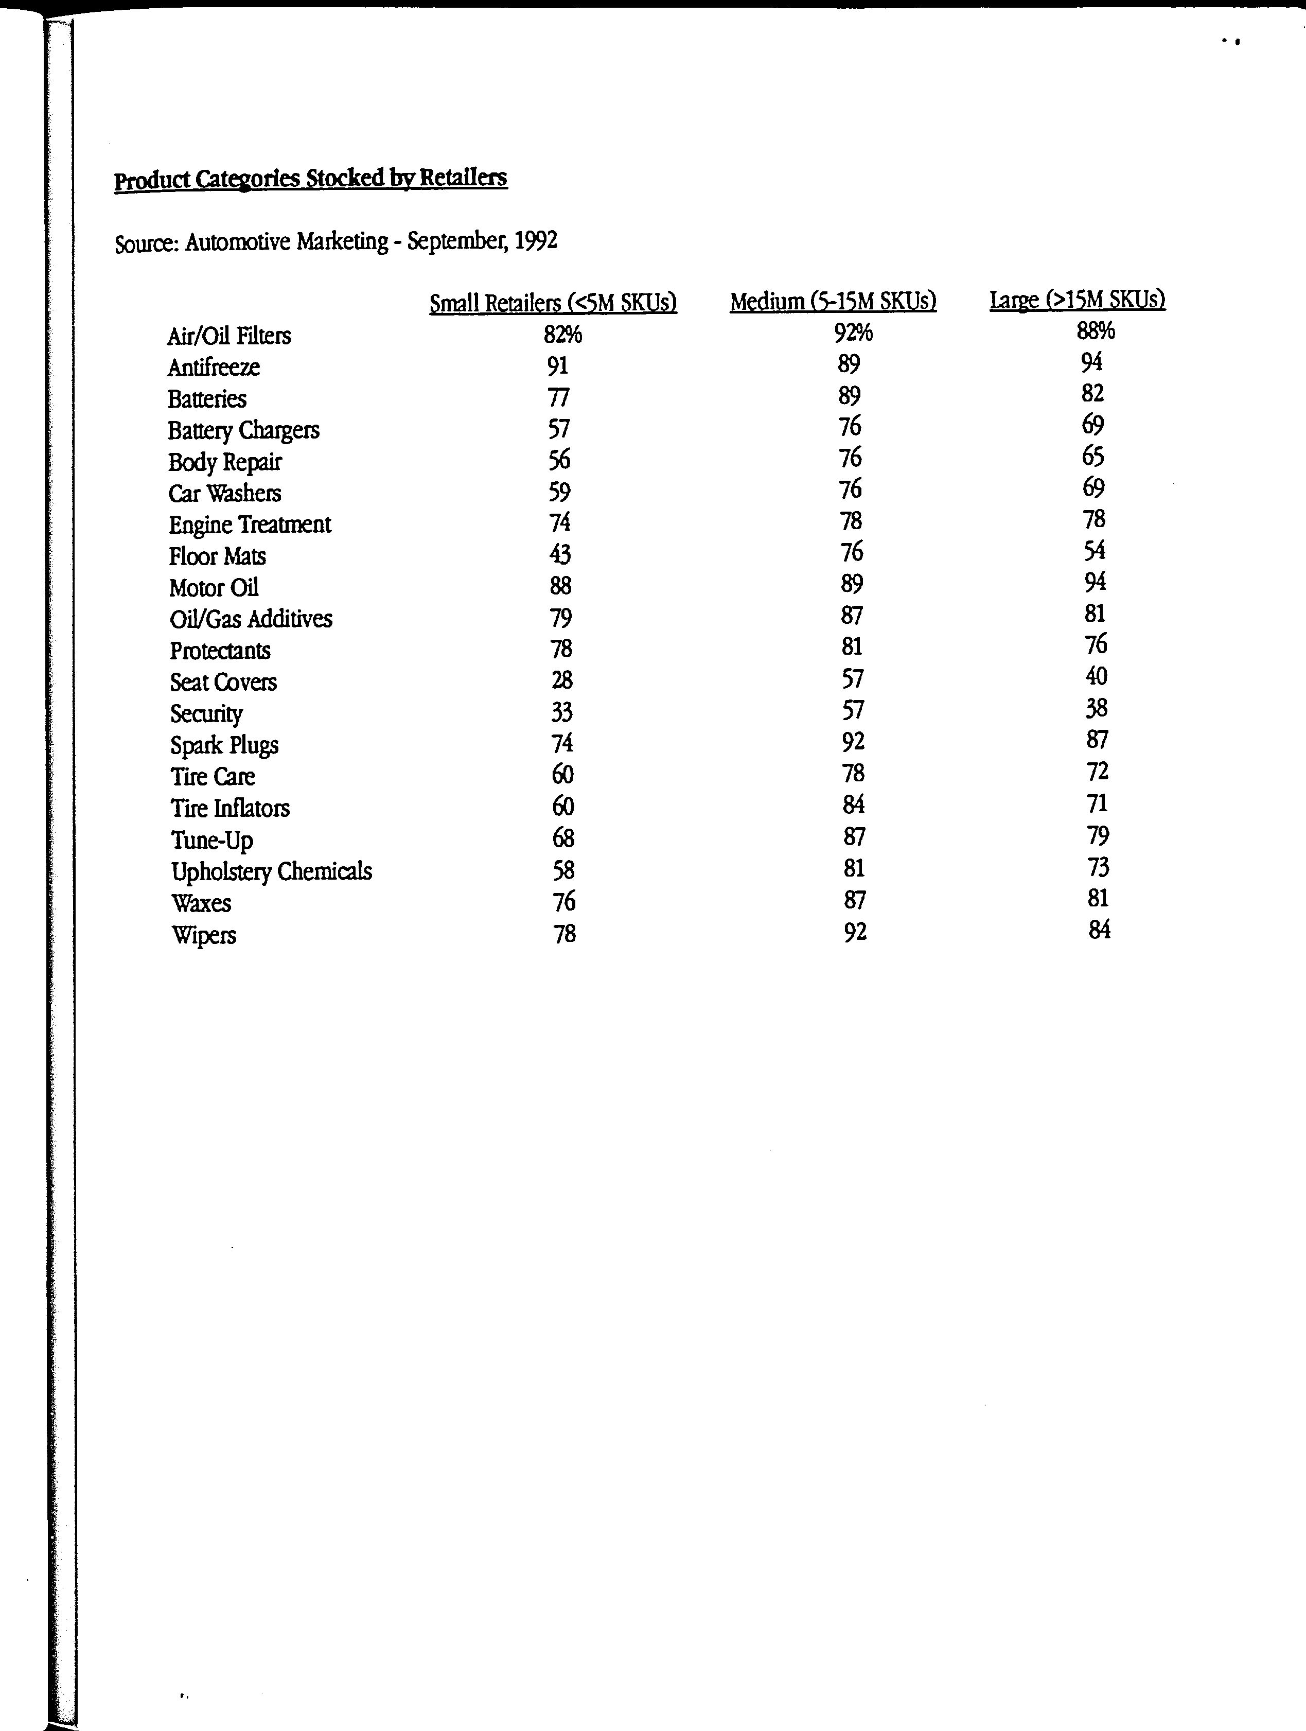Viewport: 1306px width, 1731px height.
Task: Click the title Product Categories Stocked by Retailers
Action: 311,179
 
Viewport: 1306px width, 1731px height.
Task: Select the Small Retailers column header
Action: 553,302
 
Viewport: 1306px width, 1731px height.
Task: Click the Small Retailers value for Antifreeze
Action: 558,365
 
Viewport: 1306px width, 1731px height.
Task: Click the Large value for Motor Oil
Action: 1095,582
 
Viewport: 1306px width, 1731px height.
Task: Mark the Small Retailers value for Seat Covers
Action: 562,679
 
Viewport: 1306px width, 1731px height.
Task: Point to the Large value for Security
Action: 1096,708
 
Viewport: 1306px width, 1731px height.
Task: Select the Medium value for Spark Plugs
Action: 853,741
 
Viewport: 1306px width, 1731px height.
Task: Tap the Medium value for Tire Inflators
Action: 854,805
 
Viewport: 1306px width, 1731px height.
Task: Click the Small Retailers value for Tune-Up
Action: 563,838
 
